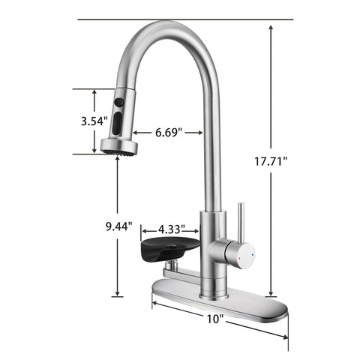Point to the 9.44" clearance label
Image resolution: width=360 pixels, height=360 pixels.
click(x=119, y=225)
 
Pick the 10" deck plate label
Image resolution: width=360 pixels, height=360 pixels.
click(x=215, y=319)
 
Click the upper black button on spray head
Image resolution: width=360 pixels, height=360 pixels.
click(x=118, y=100)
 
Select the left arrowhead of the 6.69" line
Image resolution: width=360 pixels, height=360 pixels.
click(x=139, y=133)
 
